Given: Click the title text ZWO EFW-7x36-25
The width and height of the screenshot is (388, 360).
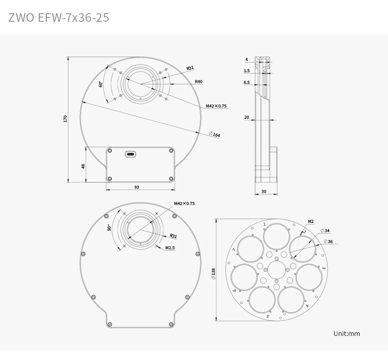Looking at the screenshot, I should coord(59,17).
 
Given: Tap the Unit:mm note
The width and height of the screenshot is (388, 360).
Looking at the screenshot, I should coord(346,333).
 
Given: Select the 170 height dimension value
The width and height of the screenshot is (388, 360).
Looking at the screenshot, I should coord(66,119).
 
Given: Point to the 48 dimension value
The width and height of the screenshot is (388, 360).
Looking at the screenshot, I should coord(83,166).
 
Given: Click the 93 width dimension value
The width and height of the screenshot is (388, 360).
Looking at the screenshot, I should coord(137,187).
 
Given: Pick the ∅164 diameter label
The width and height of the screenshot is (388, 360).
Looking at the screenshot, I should coord(214,134).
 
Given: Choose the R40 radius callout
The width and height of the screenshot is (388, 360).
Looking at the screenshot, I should coord(199,82).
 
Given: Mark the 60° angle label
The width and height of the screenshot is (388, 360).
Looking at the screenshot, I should coord(100,84).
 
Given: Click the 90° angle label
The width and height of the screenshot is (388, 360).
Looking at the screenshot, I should coord(110,228).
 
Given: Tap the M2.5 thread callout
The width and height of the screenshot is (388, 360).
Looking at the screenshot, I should coord(170,247).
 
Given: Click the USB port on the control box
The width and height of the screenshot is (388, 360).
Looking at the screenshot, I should coord(131,155).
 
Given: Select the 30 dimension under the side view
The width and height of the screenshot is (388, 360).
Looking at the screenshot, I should coord(264,191).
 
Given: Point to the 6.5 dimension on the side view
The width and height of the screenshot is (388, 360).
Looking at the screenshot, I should coord(246,82).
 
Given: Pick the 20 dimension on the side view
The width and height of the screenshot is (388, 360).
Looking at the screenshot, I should coord(246,117).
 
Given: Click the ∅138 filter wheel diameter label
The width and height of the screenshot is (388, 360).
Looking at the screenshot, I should coord(213,273).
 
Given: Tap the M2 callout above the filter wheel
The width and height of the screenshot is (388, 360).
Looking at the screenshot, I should coord(311,221).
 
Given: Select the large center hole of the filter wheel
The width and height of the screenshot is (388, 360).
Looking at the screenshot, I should coord(276,270).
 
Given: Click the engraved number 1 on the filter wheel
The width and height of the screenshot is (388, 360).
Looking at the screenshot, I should coord(264,224).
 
